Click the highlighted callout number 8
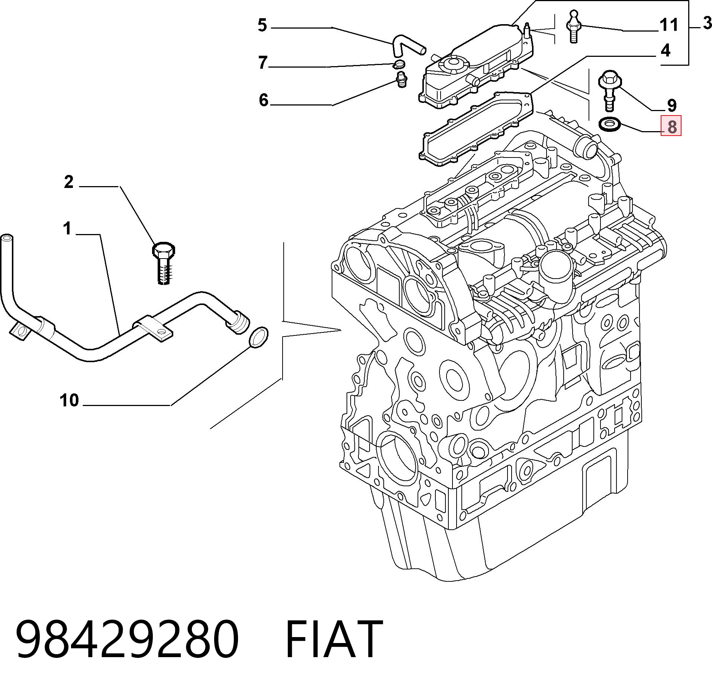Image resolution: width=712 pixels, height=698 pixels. point(671,126)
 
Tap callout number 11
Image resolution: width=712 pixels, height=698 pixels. point(668,25)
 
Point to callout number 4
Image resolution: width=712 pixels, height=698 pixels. point(666,50)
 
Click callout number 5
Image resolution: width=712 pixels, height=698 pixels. point(262,26)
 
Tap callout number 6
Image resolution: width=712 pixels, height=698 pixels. point(264,100)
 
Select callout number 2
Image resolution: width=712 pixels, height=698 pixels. point(69,182)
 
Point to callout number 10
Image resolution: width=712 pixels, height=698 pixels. point(69,400)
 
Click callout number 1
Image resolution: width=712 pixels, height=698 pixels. point(67,228)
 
